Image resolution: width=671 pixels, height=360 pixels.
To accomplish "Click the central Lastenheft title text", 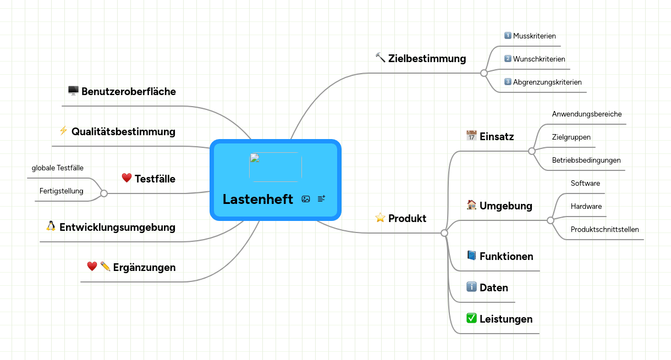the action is (x=257, y=199).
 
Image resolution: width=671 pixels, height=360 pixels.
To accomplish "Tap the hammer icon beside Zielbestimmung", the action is (x=380, y=58).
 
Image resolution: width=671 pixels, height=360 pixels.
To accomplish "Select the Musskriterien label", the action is (x=534, y=36).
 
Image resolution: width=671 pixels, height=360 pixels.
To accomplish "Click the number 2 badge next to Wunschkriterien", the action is (x=508, y=58).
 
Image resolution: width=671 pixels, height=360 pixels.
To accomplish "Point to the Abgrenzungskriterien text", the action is (x=547, y=82).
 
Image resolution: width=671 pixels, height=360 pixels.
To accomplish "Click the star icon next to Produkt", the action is (x=380, y=218).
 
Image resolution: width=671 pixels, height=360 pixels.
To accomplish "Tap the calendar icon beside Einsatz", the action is (x=471, y=136).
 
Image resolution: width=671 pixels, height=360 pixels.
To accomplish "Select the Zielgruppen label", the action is (x=571, y=137).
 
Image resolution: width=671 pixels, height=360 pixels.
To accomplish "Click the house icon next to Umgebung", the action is (x=471, y=205).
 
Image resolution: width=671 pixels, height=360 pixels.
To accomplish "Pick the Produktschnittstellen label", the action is (x=605, y=229).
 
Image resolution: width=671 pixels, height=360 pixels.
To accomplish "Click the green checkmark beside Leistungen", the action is (x=471, y=318).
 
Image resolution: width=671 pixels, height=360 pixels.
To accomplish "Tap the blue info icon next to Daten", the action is (x=471, y=287).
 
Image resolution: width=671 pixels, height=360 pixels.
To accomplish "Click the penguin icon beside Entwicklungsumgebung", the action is (x=51, y=226).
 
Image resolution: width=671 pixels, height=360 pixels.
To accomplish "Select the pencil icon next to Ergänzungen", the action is (x=105, y=266).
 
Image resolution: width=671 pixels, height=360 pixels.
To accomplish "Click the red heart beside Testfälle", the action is (x=127, y=178).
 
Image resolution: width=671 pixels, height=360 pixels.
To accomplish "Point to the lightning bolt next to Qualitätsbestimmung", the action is (x=63, y=130).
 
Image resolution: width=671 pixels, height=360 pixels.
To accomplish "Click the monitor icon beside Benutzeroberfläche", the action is (x=73, y=90).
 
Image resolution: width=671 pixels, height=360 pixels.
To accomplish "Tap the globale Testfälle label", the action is (x=58, y=168).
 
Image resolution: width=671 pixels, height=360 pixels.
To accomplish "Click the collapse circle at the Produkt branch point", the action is (x=444, y=233).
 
